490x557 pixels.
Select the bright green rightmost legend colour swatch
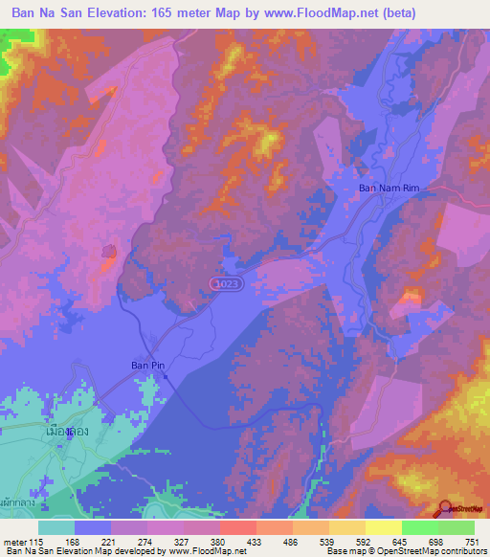click(x=456, y=527)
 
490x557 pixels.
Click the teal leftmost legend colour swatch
click(x=56, y=527)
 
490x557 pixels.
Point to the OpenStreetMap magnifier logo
click(x=446, y=508)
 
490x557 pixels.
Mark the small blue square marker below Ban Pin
click(x=166, y=376)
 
